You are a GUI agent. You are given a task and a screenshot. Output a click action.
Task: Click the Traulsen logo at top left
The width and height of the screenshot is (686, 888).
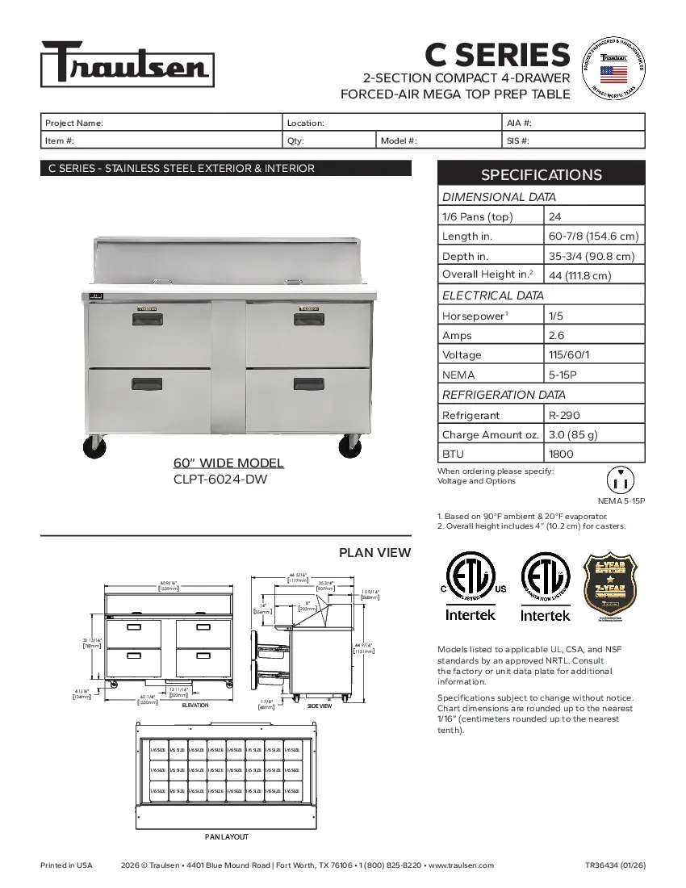tap(128, 64)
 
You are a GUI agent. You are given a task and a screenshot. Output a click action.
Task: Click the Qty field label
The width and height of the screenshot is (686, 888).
tap(295, 140)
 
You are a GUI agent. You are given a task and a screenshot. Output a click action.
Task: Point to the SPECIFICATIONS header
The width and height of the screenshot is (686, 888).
tap(541, 174)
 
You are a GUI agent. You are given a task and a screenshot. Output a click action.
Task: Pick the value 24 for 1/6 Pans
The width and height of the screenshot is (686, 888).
tap(555, 216)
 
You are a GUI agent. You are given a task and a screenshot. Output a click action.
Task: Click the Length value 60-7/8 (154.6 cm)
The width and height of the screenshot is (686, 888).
tap(593, 236)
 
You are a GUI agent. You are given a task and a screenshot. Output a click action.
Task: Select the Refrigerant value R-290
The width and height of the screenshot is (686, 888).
tap(563, 415)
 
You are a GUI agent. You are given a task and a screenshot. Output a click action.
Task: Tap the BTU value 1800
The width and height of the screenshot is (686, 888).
tap(561, 454)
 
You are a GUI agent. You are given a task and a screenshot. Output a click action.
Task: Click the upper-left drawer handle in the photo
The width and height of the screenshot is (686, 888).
tap(146, 320)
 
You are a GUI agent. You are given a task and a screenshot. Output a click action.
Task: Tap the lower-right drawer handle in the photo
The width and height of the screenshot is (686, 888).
tap(308, 383)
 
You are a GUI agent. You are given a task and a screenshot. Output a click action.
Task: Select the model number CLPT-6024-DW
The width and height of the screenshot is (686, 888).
tap(220, 479)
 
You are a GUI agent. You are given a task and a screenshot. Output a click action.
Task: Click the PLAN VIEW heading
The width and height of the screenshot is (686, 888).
tap(374, 553)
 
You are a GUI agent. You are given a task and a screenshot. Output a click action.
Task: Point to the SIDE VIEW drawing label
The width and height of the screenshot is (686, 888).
tap(320, 706)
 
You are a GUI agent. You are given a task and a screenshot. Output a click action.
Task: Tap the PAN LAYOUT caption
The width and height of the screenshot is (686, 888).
tap(226, 836)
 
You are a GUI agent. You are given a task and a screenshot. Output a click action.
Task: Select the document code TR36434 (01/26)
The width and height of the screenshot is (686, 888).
tap(615, 865)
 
